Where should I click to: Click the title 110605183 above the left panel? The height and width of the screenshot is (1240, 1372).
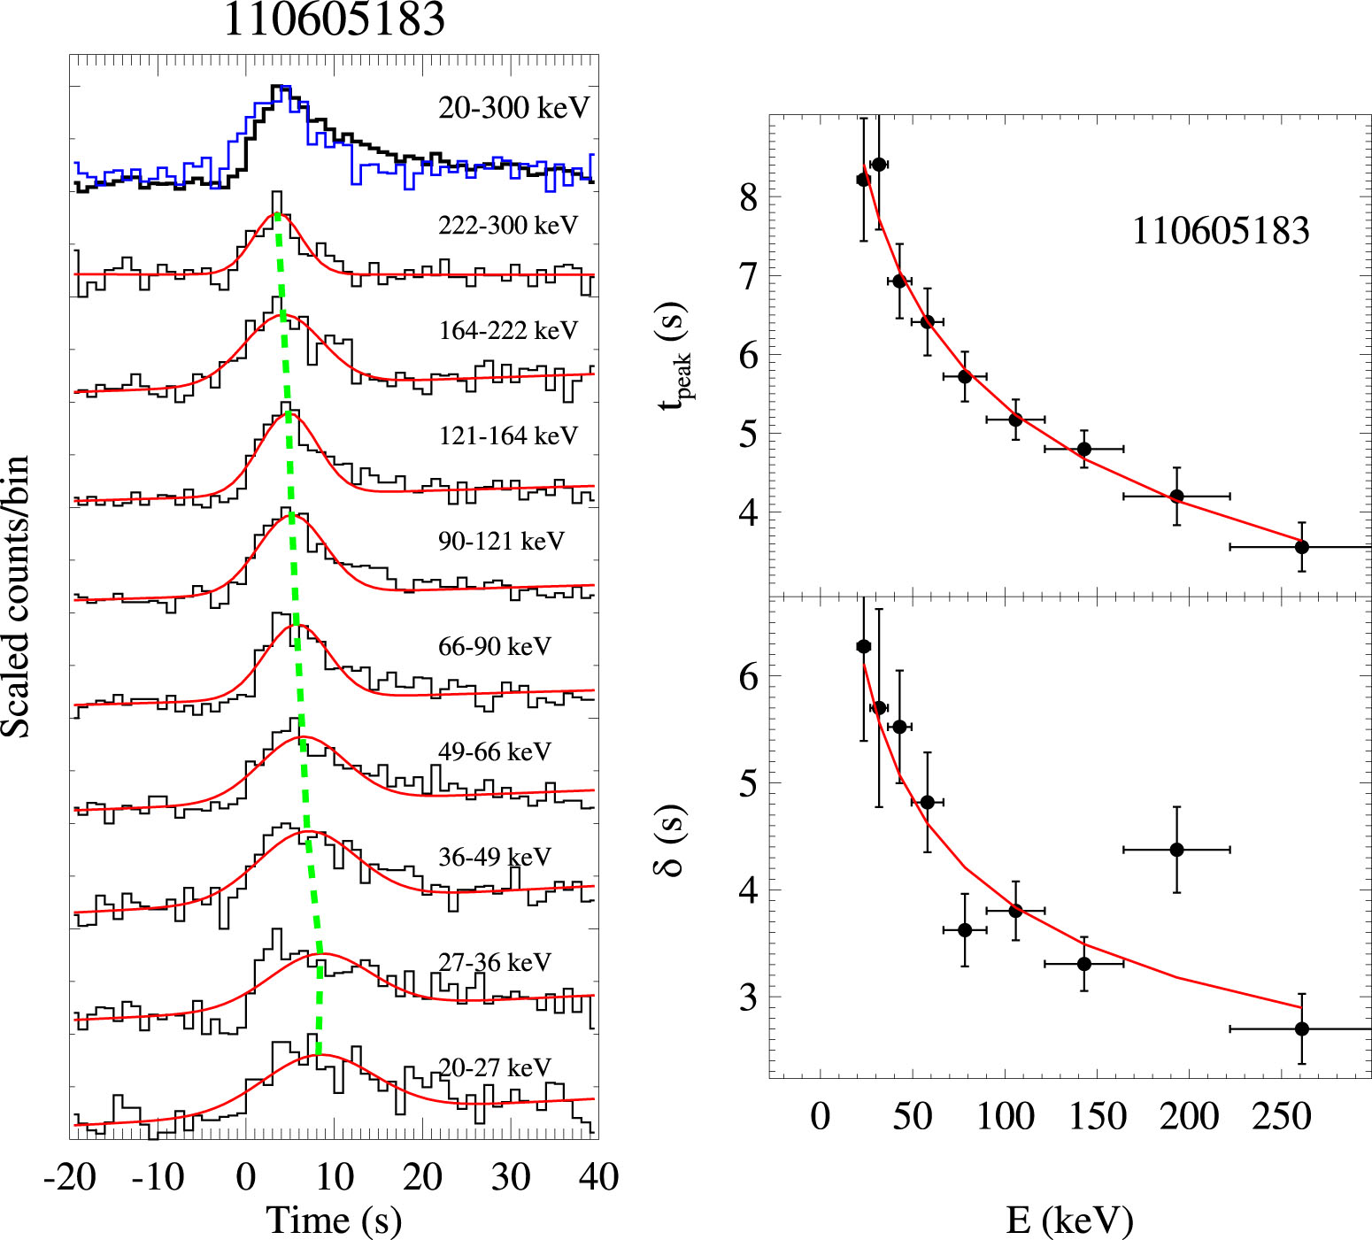point(335,19)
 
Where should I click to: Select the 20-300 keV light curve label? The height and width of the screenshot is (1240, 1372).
point(513,108)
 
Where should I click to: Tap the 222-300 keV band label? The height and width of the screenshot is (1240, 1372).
point(508,226)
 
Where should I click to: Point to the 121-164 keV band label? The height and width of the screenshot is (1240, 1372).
point(508,435)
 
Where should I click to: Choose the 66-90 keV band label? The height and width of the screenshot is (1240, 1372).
point(495,647)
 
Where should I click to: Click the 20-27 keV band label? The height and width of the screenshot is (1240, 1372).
point(495,1068)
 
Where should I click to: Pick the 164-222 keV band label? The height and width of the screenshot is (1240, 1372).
point(508,331)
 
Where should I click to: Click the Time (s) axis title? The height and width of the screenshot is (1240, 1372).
point(335,1220)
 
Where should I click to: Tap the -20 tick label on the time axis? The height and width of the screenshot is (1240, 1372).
point(70,1177)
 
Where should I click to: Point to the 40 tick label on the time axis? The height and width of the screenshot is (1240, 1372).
point(598,1177)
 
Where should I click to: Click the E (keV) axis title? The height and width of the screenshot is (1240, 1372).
point(1069,1220)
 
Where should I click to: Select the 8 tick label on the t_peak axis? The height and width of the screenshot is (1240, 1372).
point(749,197)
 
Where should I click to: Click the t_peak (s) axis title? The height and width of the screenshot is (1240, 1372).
point(674,354)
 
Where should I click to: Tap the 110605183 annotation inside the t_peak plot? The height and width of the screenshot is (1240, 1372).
point(1221,231)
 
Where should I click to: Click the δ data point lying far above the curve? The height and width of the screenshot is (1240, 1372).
point(1176,850)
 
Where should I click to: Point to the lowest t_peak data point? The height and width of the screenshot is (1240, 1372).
point(1301,547)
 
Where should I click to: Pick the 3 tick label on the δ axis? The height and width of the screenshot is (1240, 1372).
point(749,997)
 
